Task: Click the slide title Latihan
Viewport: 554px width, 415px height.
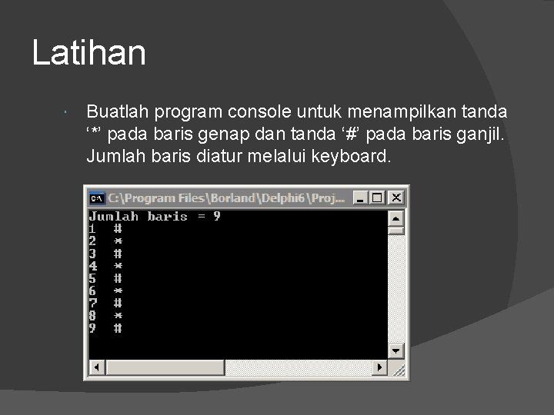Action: pos(88,53)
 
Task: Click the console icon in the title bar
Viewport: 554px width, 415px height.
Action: pos(97,198)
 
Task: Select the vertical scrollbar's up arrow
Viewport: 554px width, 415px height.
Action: pos(396,217)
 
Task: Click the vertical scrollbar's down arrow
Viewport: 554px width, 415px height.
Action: pos(396,350)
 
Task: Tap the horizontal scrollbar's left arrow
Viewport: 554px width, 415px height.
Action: pos(95,367)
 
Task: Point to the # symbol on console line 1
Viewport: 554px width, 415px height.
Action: pos(118,228)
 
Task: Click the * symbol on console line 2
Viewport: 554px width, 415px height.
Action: pos(118,241)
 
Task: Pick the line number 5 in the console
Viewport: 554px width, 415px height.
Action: pos(92,278)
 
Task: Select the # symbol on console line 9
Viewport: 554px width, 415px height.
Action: pos(118,328)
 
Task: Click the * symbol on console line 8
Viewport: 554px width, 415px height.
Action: pos(118,315)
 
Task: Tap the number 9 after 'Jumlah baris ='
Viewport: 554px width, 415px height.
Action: pos(217,216)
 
